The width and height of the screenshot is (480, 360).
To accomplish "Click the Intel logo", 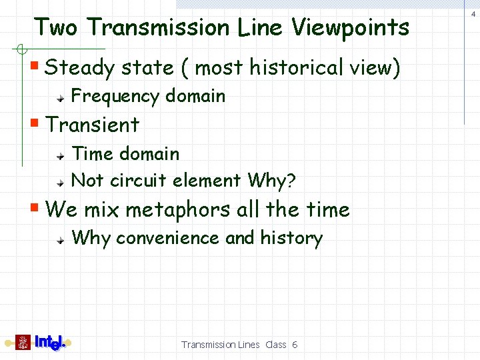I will coord(50,343).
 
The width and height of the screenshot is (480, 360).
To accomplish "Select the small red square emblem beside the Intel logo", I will coord(23,343).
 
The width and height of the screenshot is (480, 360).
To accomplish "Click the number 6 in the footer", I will coord(294,345).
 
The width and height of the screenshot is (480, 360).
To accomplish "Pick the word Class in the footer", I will coord(275,345).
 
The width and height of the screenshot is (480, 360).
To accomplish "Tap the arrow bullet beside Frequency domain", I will coord(61,97).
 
